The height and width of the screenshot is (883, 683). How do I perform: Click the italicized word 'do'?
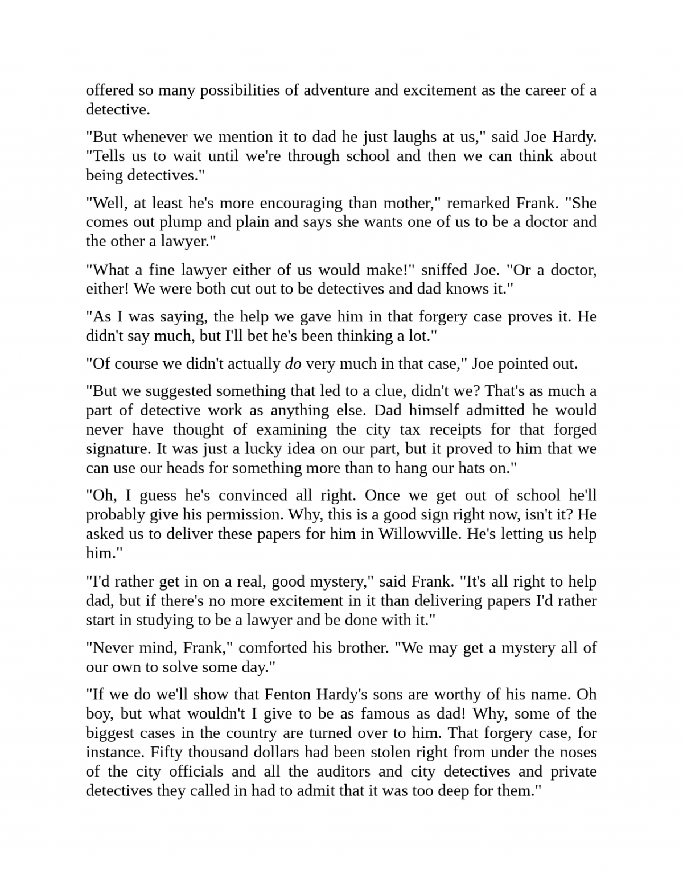point(293,364)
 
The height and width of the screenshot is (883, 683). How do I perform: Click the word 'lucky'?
point(264,449)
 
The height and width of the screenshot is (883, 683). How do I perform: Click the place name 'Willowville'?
point(418,534)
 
